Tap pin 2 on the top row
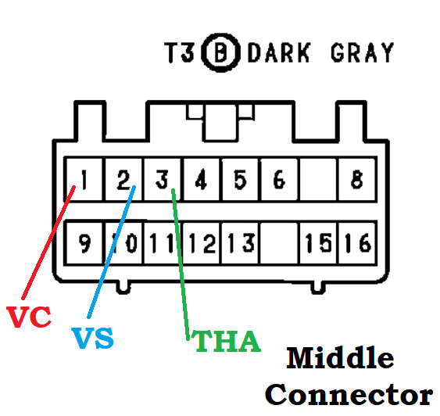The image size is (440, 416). (x=123, y=181)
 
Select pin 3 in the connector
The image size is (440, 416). (x=162, y=181)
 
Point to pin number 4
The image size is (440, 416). (x=201, y=181)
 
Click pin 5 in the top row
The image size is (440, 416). (x=240, y=181)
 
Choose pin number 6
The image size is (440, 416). (x=278, y=181)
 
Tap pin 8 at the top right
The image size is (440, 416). (x=356, y=181)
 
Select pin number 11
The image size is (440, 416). (x=162, y=244)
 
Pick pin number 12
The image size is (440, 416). (x=201, y=244)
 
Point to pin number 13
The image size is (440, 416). (x=240, y=244)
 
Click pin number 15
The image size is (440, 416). (x=318, y=244)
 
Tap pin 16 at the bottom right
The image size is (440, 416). (x=357, y=244)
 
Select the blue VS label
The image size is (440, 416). (x=92, y=339)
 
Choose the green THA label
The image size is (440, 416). (x=226, y=342)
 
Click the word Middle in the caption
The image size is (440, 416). (x=340, y=359)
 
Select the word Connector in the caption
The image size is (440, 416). (x=348, y=393)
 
